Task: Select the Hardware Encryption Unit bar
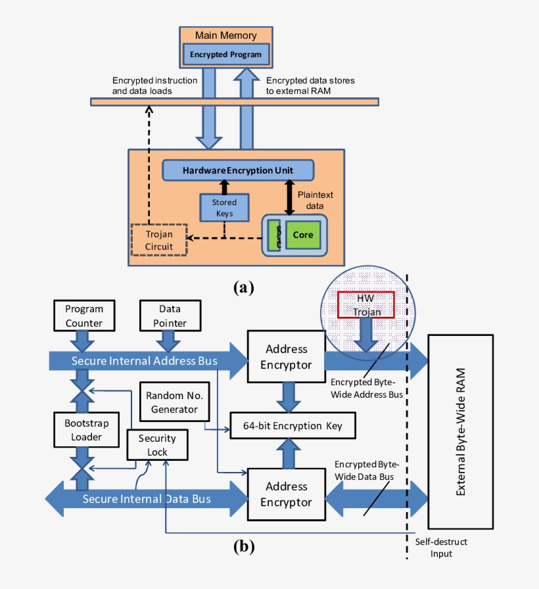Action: click(x=237, y=170)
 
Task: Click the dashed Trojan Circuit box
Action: click(x=158, y=240)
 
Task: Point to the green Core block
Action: click(x=302, y=235)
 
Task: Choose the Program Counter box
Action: click(x=84, y=316)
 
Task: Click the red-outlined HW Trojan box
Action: click(x=365, y=305)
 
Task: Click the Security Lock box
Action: click(x=157, y=445)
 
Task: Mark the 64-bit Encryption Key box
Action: click(x=295, y=426)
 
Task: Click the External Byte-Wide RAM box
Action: click(x=460, y=431)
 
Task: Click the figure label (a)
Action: click(x=243, y=287)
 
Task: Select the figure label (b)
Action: click(x=243, y=545)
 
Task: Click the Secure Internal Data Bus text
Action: click(x=147, y=499)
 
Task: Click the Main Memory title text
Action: click(x=226, y=35)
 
